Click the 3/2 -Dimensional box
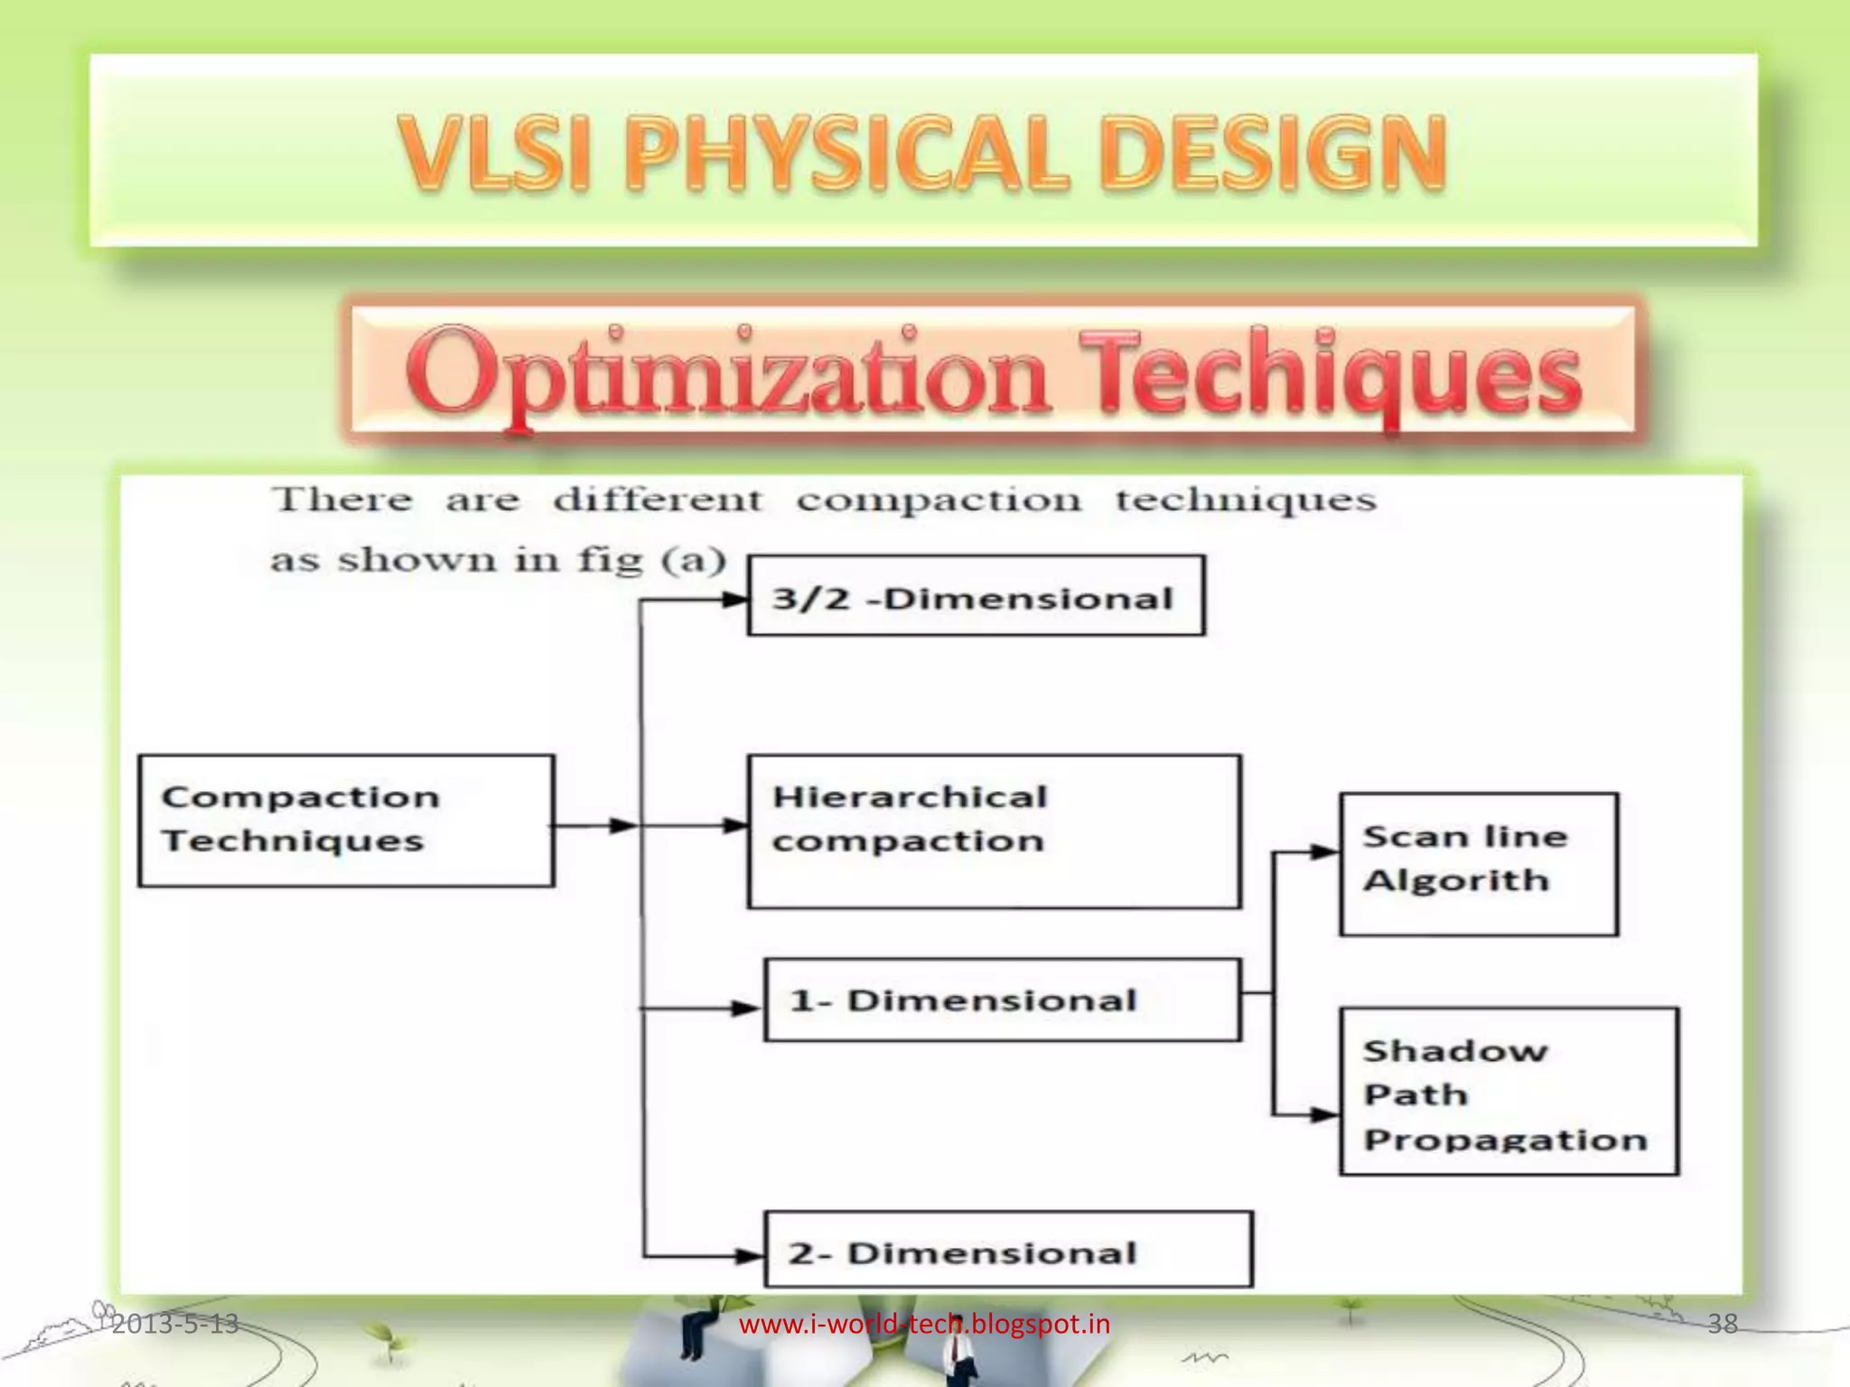pyautogui.click(x=976, y=596)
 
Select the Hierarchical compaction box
pyautogui.click(x=994, y=831)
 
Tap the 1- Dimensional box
pyautogui.click(x=1002, y=1000)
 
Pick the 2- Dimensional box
pyautogui.click(x=1008, y=1250)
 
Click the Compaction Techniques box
pyautogui.click(x=346, y=820)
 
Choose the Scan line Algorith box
pyautogui.click(x=1479, y=864)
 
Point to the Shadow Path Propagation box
pyautogui.click(x=1509, y=1091)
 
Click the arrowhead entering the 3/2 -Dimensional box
pyautogui.click(x=735, y=599)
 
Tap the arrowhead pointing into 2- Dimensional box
pyautogui.click(x=750, y=1255)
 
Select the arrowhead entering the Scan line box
pyautogui.click(x=1325, y=852)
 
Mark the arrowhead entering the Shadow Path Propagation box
pyautogui.click(x=1325, y=1115)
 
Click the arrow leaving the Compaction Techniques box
pyautogui.click(x=596, y=825)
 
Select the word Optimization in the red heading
pyautogui.click(x=727, y=375)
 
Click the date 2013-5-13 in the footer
pyautogui.click(x=175, y=1324)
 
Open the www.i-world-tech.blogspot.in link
pyautogui.click(x=924, y=1324)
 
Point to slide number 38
pyautogui.click(x=1722, y=1324)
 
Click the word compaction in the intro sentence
pyautogui.click(x=938, y=499)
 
